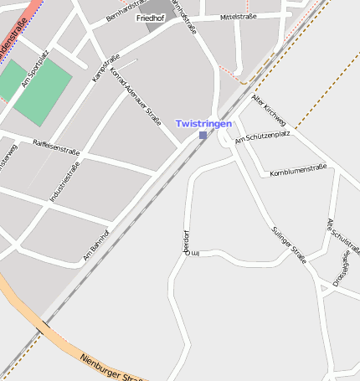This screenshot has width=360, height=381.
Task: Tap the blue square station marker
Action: [x=203, y=135]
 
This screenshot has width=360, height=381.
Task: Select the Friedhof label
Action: [x=151, y=18]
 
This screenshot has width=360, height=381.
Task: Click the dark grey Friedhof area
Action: [x=156, y=26]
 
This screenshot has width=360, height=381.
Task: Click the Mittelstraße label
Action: [x=238, y=17]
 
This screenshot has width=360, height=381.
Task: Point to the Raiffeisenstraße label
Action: [x=56, y=148]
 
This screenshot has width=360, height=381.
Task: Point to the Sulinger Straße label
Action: [x=289, y=245]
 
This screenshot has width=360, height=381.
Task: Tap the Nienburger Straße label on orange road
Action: [x=108, y=366]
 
